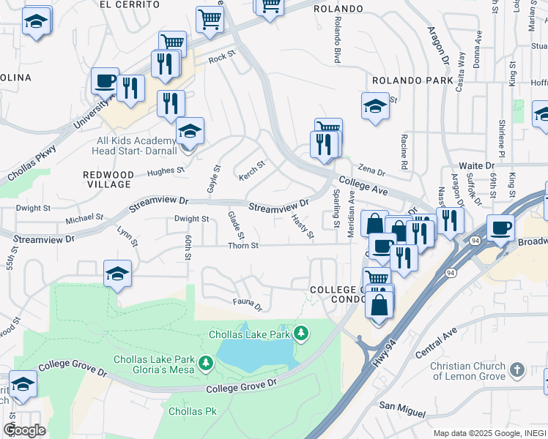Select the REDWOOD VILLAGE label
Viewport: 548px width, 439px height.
click(108, 180)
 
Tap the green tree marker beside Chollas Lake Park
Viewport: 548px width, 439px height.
click(300, 334)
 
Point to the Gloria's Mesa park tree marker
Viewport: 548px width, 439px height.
click(207, 362)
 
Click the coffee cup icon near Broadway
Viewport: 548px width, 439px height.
click(502, 229)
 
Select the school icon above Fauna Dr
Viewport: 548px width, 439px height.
click(117, 274)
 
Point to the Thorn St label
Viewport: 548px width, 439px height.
click(242, 246)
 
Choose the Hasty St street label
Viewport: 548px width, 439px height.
click(302, 226)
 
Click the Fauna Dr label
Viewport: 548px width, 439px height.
click(248, 304)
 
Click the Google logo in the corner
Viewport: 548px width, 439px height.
click(24, 430)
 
